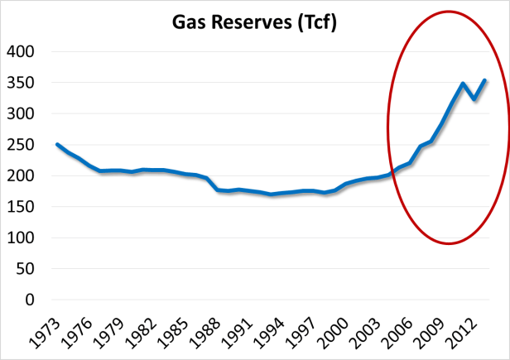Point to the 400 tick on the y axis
pyautogui.click(x=22, y=51)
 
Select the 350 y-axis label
pyautogui.click(x=22, y=83)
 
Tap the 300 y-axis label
pyautogui.click(x=22, y=113)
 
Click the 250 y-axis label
pyautogui.click(x=22, y=145)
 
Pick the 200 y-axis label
pyautogui.click(x=22, y=175)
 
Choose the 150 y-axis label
pyautogui.click(x=22, y=207)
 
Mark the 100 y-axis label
pyautogui.click(x=22, y=238)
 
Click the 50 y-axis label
pyautogui.click(x=27, y=269)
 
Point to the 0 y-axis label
pyautogui.click(x=32, y=300)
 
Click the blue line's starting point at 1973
pyautogui.click(x=57, y=144)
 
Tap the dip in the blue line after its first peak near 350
pyautogui.click(x=475, y=99)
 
